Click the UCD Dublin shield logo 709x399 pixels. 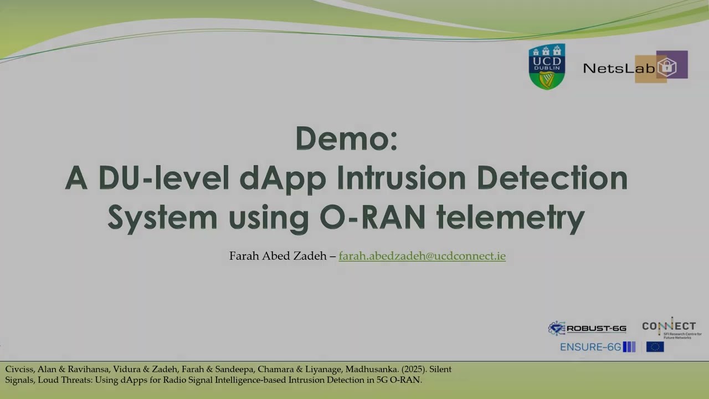pyautogui.click(x=547, y=66)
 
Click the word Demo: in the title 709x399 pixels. pyautogui.click(x=347, y=138)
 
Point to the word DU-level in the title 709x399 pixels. pyautogui.click(x=164, y=178)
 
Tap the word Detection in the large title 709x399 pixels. pyautogui.click(x=552, y=178)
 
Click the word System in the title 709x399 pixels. pyautogui.click(x=162, y=218)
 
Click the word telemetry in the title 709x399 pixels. pyautogui.click(x=510, y=218)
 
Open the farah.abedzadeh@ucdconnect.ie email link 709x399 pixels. pyautogui.click(x=422, y=256)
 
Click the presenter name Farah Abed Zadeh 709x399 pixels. pyautogui.click(x=278, y=256)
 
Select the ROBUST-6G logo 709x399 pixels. pyautogui.click(x=587, y=328)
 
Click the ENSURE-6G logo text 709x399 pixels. pyautogui.click(x=590, y=347)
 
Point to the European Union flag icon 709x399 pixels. pyautogui.click(x=655, y=347)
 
